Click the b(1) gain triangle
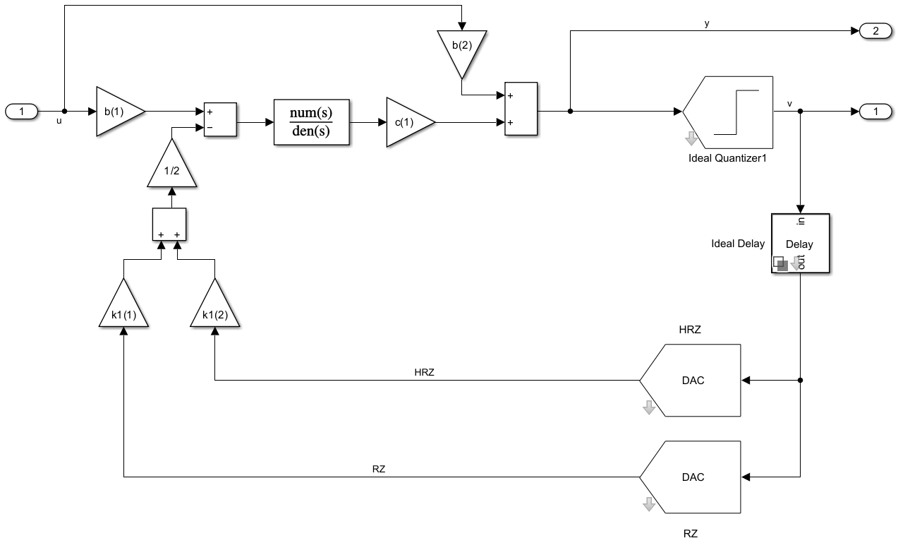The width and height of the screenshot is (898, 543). [x=116, y=112]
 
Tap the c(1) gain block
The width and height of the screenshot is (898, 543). [x=407, y=123]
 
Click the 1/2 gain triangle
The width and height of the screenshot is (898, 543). [x=172, y=167]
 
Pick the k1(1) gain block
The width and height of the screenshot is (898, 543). [x=123, y=307]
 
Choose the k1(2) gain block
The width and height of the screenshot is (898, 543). [x=214, y=307]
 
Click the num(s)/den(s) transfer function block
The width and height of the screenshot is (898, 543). [x=312, y=123]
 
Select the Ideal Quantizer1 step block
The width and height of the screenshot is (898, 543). [x=730, y=112]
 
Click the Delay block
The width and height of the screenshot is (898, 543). [x=800, y=243]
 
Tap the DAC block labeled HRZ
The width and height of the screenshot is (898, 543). [x=692, y=381]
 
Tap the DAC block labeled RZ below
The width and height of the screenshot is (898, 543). [x=692, y=477]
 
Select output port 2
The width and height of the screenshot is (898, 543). [x=875, y=30]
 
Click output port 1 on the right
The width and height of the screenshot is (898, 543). [x=875, y=111]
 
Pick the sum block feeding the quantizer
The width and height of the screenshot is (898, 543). [x=521, y=108]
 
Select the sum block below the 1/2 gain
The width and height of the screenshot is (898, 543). [x=169, y=224]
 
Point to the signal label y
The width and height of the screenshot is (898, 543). [x=707, y=23]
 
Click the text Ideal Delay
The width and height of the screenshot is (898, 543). [x=738, y=244]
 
